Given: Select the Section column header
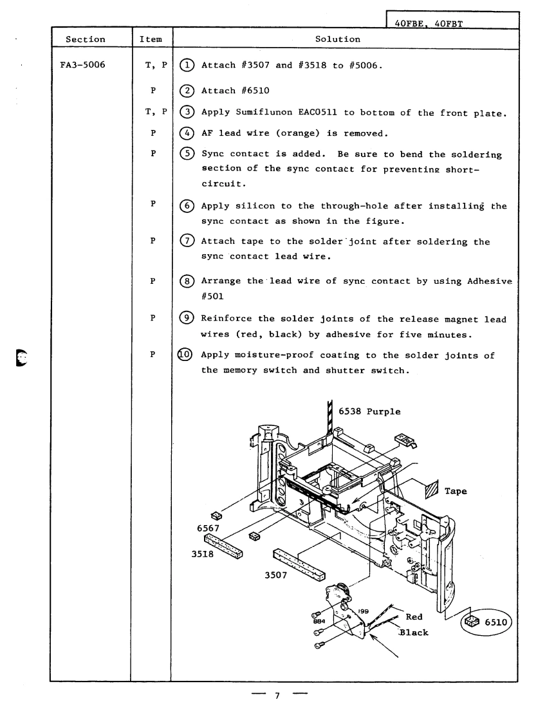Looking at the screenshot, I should [x=87, y=39].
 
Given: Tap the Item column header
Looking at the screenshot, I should [x=152, y=39].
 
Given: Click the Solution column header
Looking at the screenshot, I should [x=337, y=39].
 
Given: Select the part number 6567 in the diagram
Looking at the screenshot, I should [x=209, y=528].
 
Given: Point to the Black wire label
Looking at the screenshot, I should [x=414, y=632].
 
